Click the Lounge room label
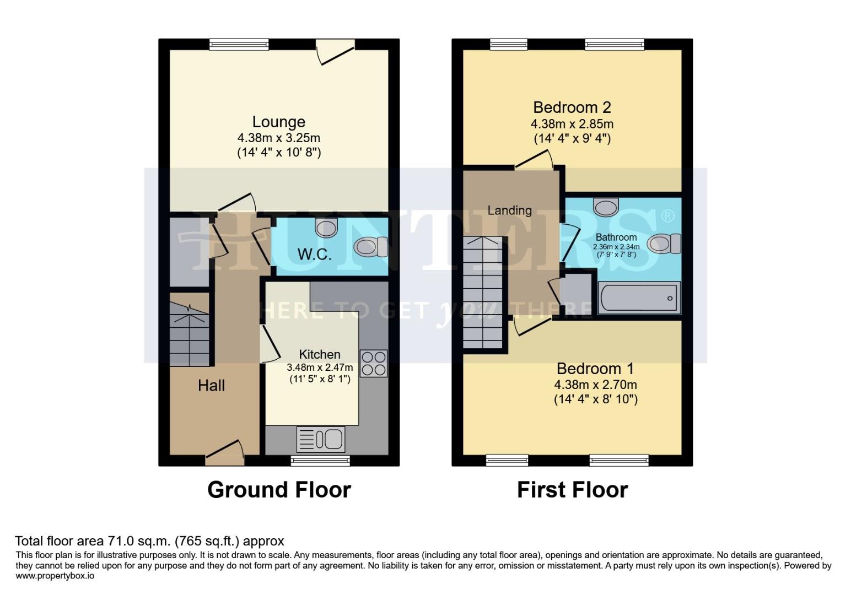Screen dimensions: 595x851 [278, 122]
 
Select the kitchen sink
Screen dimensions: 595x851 [321, 439]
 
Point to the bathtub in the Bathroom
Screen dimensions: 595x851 [639, 298]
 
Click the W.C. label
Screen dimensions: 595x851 [314, 255]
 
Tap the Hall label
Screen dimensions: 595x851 [211, 385]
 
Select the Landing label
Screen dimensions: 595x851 [509, 210]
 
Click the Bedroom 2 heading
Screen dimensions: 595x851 [572, 107]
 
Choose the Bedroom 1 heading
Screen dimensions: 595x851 [595, 368]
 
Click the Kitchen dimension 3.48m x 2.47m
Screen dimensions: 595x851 [320, 367]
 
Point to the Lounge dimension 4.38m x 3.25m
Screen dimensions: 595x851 [278, 138]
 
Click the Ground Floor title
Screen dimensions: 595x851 [279, 490]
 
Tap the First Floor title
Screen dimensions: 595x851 [572, 490]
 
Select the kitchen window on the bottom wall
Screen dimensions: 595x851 [320, 460]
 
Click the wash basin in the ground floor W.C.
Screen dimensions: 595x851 [326, 227]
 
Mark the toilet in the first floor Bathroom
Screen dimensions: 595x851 [664, 244]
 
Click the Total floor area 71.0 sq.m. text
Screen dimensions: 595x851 [149, 540]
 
